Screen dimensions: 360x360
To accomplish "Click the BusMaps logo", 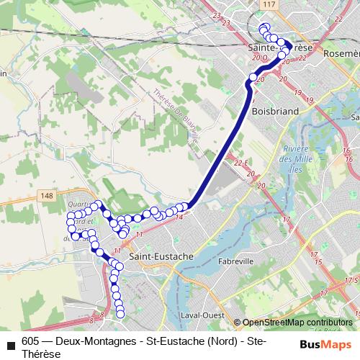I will click(x=325, y=343).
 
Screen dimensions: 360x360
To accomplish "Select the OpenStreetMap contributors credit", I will click(x=297, y=323).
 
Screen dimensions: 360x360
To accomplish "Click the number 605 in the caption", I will click(x=31, y=341).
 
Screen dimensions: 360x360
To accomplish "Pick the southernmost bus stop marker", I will click(x=120, y=312).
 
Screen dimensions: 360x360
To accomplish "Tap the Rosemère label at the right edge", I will click(x=342, y=53).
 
